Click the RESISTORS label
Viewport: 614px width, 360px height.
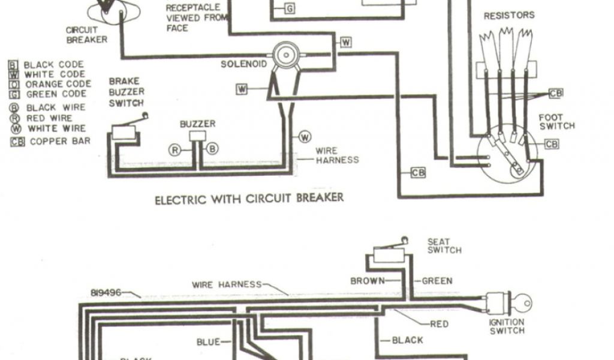(x=509, y=16)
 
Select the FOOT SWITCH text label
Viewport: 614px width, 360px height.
(x=556, y=122)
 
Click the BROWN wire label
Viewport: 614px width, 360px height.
(x=367, y=280)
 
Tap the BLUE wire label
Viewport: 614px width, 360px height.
(x=208, y=342)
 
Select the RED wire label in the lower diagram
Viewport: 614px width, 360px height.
(x=440, y=325)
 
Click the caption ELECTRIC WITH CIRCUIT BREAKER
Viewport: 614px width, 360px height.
(x=249, y=198)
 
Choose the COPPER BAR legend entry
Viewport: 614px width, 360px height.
(x=51, y=142)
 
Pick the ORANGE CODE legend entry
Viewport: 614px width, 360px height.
(x=52, y=84)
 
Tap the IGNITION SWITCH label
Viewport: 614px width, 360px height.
(x=507, y=326)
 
